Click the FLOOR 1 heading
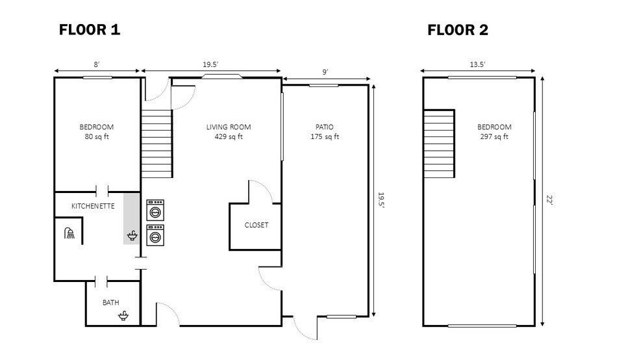pyautogui.click(x=90, y=29)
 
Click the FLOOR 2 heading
pyautogui.click(x=457, y=29)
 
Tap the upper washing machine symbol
pyautogui.click(x=155, y=210)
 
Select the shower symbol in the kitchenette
pyautogui.click(x=69, y=233)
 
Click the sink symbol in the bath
pyautogui.click(x=123, y=316)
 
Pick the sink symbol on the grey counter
pyautogui.click(x=132, y=235)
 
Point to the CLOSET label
pyautogui.click(x=256, y=225)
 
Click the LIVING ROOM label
pyautogui.click(x=229, y=127)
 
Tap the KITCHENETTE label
pyautogui.click(x=93, y=206)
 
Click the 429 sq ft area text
pyautogui.click(x=229, y=137)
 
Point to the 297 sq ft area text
pyautogui.click(x=494, y=137)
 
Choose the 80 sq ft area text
pyautogui.click(x=97, y=137)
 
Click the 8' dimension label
pyautogui.click(x=97, y=64)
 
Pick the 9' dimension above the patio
pyautogui.click(x=325, y=71)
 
